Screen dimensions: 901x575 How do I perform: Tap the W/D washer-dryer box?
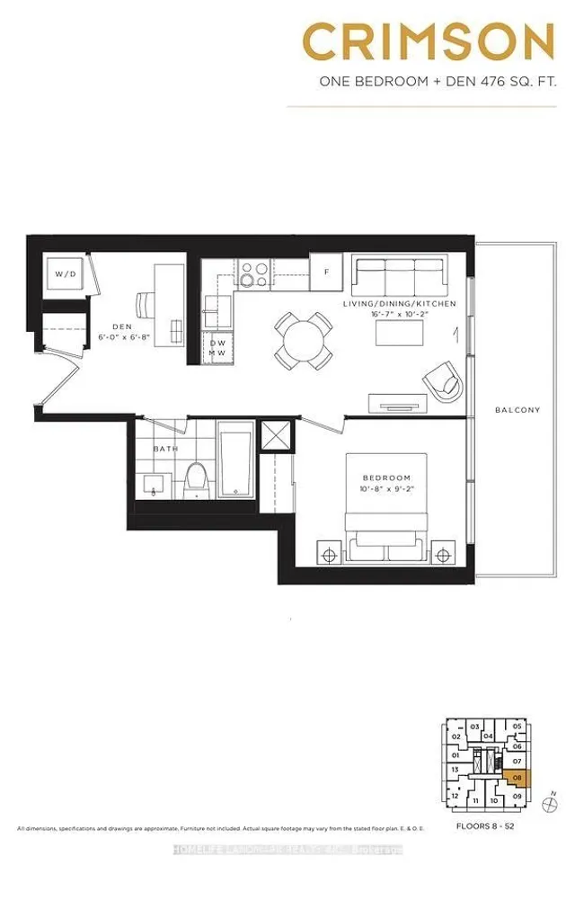(x=64, y=273)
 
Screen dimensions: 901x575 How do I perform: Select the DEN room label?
(x=121, y=327)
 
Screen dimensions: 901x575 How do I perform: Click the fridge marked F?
(x=327, y=272)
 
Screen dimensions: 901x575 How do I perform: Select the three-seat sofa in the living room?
(x=398, y=275)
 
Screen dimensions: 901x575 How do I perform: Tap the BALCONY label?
(x=517, y=410)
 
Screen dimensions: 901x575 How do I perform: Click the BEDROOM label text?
(x=386, y=477)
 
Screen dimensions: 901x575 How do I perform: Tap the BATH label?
(x=164, y=448)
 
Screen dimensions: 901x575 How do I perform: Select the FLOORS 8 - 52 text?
(x=484, y=825)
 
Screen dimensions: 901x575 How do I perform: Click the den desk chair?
(x=147, y=303)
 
